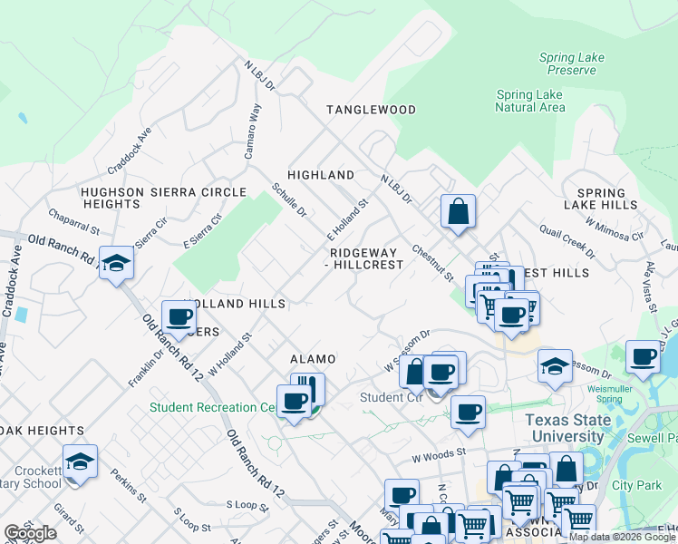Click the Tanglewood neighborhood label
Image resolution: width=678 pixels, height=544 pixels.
pos(371,110)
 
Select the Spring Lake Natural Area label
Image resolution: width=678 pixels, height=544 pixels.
pos(530,101)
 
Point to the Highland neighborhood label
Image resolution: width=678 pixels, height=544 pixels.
pos(321,174)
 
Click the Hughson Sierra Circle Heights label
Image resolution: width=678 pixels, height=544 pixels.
pos(163,199)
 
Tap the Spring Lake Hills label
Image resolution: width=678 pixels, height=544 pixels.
pos(601,199)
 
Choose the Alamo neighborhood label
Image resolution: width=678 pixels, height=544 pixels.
pos(312,359)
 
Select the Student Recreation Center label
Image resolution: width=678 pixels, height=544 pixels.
pos(214,408)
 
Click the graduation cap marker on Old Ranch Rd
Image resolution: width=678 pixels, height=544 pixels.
pos(116,263)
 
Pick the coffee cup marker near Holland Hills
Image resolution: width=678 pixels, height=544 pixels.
pos(179,317)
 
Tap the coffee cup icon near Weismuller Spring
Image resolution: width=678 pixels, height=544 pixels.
pos(643,356)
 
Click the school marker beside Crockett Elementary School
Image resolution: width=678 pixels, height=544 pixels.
pos(80,462)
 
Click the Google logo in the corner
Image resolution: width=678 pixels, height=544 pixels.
pos(31,533)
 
